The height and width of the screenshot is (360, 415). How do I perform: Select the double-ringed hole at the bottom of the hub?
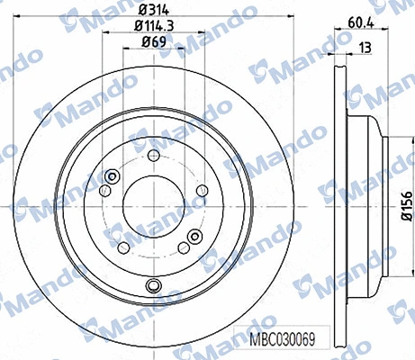155,286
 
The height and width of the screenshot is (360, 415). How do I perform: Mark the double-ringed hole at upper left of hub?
113,176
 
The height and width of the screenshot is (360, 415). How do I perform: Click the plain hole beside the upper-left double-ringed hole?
106,190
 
